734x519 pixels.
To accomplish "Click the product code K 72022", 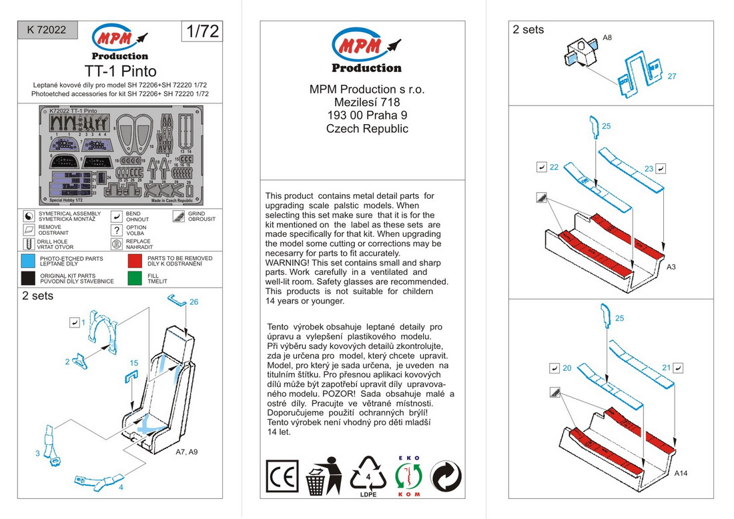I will coord(47,30).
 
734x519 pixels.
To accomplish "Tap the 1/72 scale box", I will coord(201,31).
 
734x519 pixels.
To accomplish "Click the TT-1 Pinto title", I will coord(120,71).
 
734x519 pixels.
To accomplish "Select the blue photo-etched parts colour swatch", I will coord(28,261).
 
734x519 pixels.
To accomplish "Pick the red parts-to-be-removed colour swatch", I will coord(135,261).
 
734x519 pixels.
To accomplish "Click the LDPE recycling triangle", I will coord(368,476).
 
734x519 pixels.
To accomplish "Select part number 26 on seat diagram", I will coord(194,302).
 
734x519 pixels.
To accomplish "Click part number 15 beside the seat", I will coord(133,363).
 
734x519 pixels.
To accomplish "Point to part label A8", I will coord(607,38).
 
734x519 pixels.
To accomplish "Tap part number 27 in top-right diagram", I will coord(671,76).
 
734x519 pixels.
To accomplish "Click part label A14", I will coord(681,473).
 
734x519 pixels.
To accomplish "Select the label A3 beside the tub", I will coord(672,267).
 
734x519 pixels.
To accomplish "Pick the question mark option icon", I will coord(117,230).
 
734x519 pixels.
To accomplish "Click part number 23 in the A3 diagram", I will coord(649,169).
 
